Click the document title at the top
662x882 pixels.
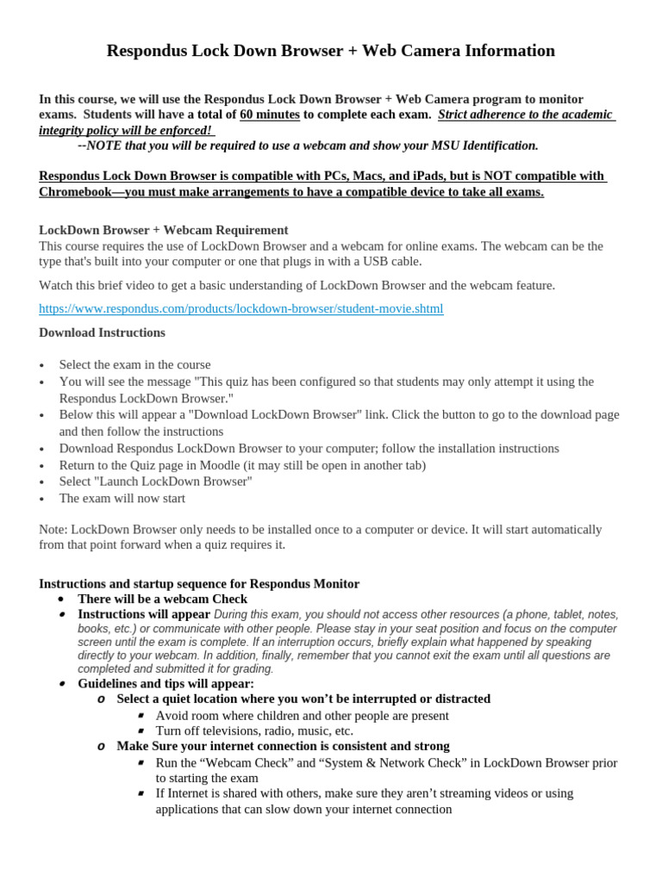pos(330,51)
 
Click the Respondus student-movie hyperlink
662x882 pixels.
pos(241,308)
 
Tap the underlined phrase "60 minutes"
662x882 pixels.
pos(270,115)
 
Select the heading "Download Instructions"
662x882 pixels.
pos(102,332)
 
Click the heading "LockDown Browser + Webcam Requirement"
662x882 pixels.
pos(164,230)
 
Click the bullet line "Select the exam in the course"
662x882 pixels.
pos(134,365)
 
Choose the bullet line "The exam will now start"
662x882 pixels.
pos(122,499)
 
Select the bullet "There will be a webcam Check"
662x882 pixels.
pos(162,599)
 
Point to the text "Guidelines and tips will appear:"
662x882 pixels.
pos(165,684)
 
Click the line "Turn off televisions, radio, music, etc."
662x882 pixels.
pos(254,731)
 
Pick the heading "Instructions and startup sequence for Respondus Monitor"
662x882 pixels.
pos(199,583)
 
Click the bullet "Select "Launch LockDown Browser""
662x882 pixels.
pos(155,481)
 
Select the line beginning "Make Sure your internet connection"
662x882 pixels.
pos(283,746)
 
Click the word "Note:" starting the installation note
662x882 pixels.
pos(53,529)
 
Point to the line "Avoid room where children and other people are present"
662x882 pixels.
pos(302,716)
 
